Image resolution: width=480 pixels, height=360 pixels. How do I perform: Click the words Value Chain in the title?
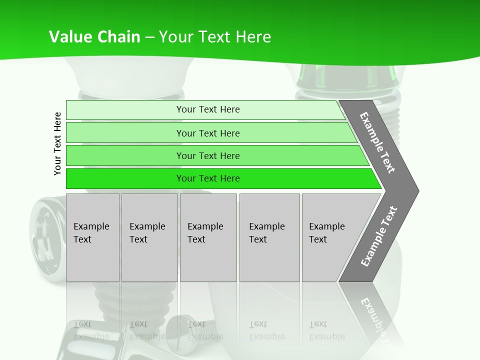(x=94, y=37)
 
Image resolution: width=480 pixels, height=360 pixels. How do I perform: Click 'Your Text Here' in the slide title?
(x=215, y=37)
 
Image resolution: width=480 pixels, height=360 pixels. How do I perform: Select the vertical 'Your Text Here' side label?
(x=57, y=143)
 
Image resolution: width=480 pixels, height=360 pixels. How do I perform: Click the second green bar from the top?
(x=207, y=133)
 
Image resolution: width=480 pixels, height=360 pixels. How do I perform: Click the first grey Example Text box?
(x=92, y=237)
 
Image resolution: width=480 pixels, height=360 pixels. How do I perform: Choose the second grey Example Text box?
(x=149, y=237)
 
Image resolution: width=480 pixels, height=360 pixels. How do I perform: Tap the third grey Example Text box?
(x=208, y=237)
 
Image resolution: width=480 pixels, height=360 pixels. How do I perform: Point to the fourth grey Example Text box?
(x=269, y=237)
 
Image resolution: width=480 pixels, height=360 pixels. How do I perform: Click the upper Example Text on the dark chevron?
(x=377, y=142)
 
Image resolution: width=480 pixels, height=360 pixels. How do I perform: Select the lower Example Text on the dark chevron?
(x=379, y=236)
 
